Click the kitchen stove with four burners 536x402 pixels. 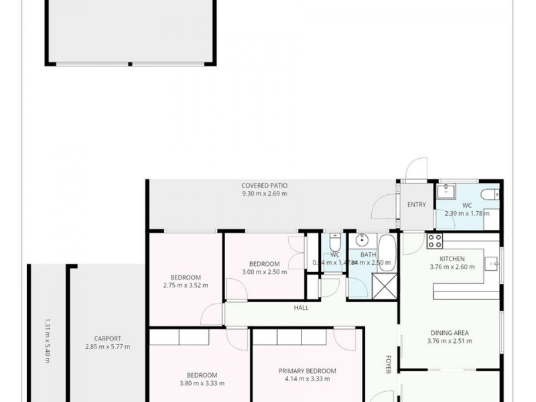pos(434,241)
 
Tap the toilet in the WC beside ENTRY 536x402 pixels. pos(491,194)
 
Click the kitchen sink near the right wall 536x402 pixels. pos(492,263)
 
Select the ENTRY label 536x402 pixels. pos(416,205)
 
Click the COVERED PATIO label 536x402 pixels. pos(264,186)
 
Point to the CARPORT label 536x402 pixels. pos(107,339)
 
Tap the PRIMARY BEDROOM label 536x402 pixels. pos(307,371)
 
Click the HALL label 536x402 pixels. pos(301,308)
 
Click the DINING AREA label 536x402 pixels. pos(449,333)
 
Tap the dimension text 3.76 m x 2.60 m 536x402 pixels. pos(452,267)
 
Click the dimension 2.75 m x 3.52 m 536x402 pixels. pos(185,285)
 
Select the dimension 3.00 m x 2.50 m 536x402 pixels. pos(264,272)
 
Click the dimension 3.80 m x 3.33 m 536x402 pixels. pos(202,383)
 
